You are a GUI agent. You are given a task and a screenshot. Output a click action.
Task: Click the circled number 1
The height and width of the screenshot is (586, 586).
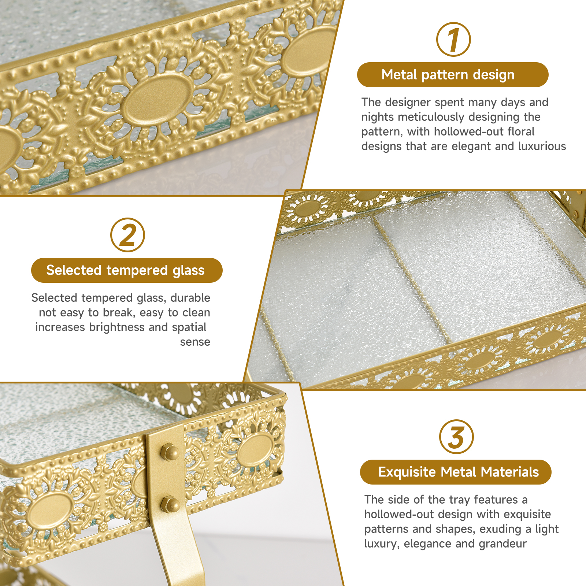click(x=453, y=40)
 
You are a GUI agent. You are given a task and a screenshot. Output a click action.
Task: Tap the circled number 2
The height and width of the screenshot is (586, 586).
click(x=127, y=235)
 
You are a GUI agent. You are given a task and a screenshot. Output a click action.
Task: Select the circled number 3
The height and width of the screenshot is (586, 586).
click(x=456, y=437)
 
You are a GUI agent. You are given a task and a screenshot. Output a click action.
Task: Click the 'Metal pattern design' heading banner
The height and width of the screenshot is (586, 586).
click(x=453, y=75)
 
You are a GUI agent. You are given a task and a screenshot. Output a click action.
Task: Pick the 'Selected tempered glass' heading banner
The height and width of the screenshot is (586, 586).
click(x=127, y=270)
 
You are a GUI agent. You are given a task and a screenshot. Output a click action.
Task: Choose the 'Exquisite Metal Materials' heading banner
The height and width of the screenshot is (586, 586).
click(x=456, y=472)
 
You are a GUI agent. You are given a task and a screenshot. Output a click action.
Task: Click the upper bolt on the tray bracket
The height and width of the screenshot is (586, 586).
click(x=170, y=453)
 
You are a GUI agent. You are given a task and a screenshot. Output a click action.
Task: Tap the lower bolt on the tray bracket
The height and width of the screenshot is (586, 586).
click(x=170, y=505)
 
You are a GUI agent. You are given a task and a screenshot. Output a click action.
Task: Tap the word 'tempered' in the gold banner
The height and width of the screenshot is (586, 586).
click(x=137, y=271)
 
